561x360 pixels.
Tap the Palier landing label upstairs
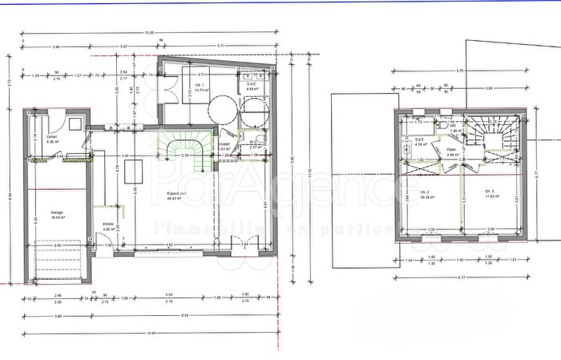click(453, 152)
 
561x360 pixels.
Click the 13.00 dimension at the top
click(150, 33)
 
